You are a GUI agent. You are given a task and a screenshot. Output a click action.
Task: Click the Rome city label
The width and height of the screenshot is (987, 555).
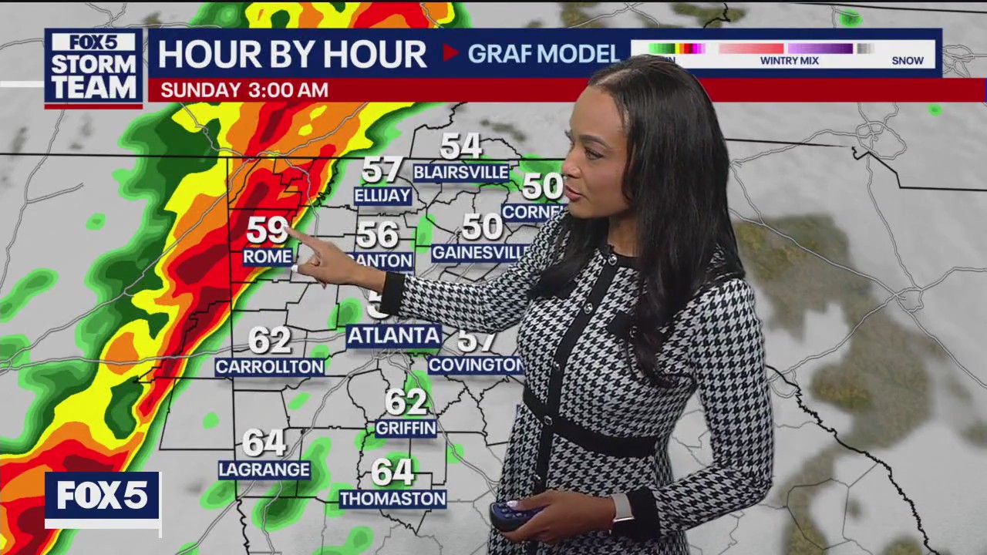268,257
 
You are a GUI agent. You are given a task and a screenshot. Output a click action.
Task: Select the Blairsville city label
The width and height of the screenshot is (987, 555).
461,172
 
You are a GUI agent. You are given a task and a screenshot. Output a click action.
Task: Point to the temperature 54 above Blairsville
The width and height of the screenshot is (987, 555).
461,146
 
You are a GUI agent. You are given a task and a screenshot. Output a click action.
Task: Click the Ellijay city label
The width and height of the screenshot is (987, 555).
382,196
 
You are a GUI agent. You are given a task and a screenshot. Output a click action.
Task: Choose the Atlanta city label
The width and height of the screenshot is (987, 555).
394,336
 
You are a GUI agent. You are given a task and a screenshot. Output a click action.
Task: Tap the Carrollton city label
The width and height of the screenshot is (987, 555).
269,367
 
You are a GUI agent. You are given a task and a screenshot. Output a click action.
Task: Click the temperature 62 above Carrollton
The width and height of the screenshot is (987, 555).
269,340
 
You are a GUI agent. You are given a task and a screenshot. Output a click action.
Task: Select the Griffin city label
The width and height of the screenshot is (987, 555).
406,428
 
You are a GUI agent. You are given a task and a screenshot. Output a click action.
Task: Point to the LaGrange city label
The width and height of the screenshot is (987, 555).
264,469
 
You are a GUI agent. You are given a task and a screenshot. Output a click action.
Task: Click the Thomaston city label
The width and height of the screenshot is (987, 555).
393,499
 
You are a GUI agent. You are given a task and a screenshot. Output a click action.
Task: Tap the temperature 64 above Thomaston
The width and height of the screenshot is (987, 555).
392,472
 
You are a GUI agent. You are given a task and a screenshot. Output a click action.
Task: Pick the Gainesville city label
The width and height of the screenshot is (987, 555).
480,253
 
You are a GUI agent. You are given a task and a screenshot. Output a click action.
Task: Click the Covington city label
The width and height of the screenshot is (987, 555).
475,365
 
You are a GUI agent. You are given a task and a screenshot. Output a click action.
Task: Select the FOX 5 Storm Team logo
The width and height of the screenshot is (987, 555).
94,67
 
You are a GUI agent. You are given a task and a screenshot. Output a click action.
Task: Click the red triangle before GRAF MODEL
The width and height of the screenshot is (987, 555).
450,53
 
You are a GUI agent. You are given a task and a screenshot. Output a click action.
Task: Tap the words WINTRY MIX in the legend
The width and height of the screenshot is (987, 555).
789,61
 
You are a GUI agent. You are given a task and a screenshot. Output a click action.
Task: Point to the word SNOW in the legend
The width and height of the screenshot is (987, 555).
908,61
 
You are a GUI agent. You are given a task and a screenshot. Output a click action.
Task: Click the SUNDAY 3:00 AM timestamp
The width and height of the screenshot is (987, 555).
244,90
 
